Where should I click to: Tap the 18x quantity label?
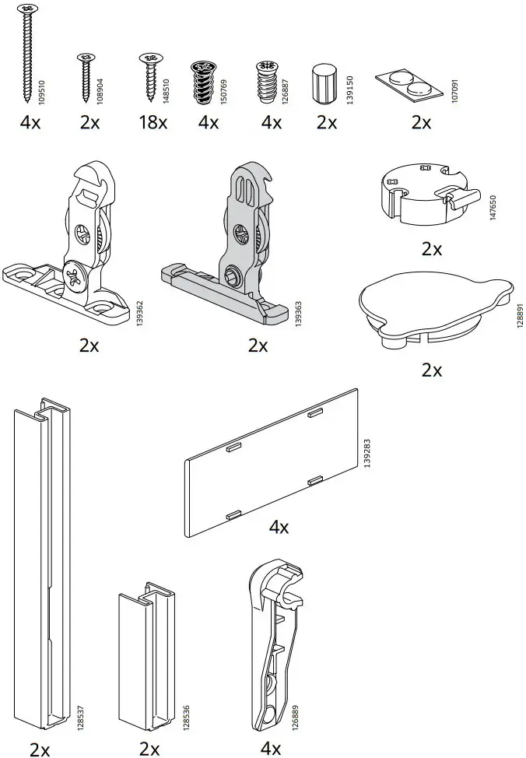(x=152, y=122)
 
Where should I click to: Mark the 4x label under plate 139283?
(x=279, y=528)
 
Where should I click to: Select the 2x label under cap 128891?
(x=431, y=370)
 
